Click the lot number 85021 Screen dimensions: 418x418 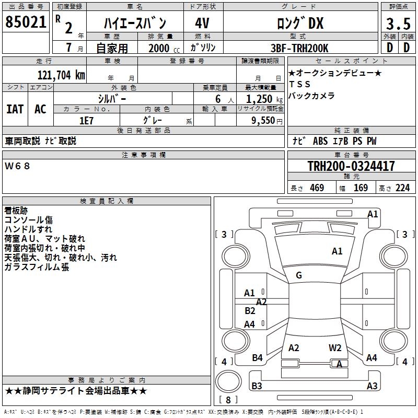(26, 22)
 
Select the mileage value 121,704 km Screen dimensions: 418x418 (61, 75)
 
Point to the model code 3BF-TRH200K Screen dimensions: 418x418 (300, 48)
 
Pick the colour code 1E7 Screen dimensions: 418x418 (86, 120)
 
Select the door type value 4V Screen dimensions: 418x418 (202, 24)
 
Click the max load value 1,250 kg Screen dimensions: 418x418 (261, 99)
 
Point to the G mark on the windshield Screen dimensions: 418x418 (299, 275)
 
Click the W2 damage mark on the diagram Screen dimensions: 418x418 (335, 348)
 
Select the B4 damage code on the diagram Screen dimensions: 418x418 (257, 358)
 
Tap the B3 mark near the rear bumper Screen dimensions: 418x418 (257, 386)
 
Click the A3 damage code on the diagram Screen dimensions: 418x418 (371, 386)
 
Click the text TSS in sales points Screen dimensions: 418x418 (299, 84)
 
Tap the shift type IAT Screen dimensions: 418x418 (15, 109)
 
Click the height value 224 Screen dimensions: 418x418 (402, 188)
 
